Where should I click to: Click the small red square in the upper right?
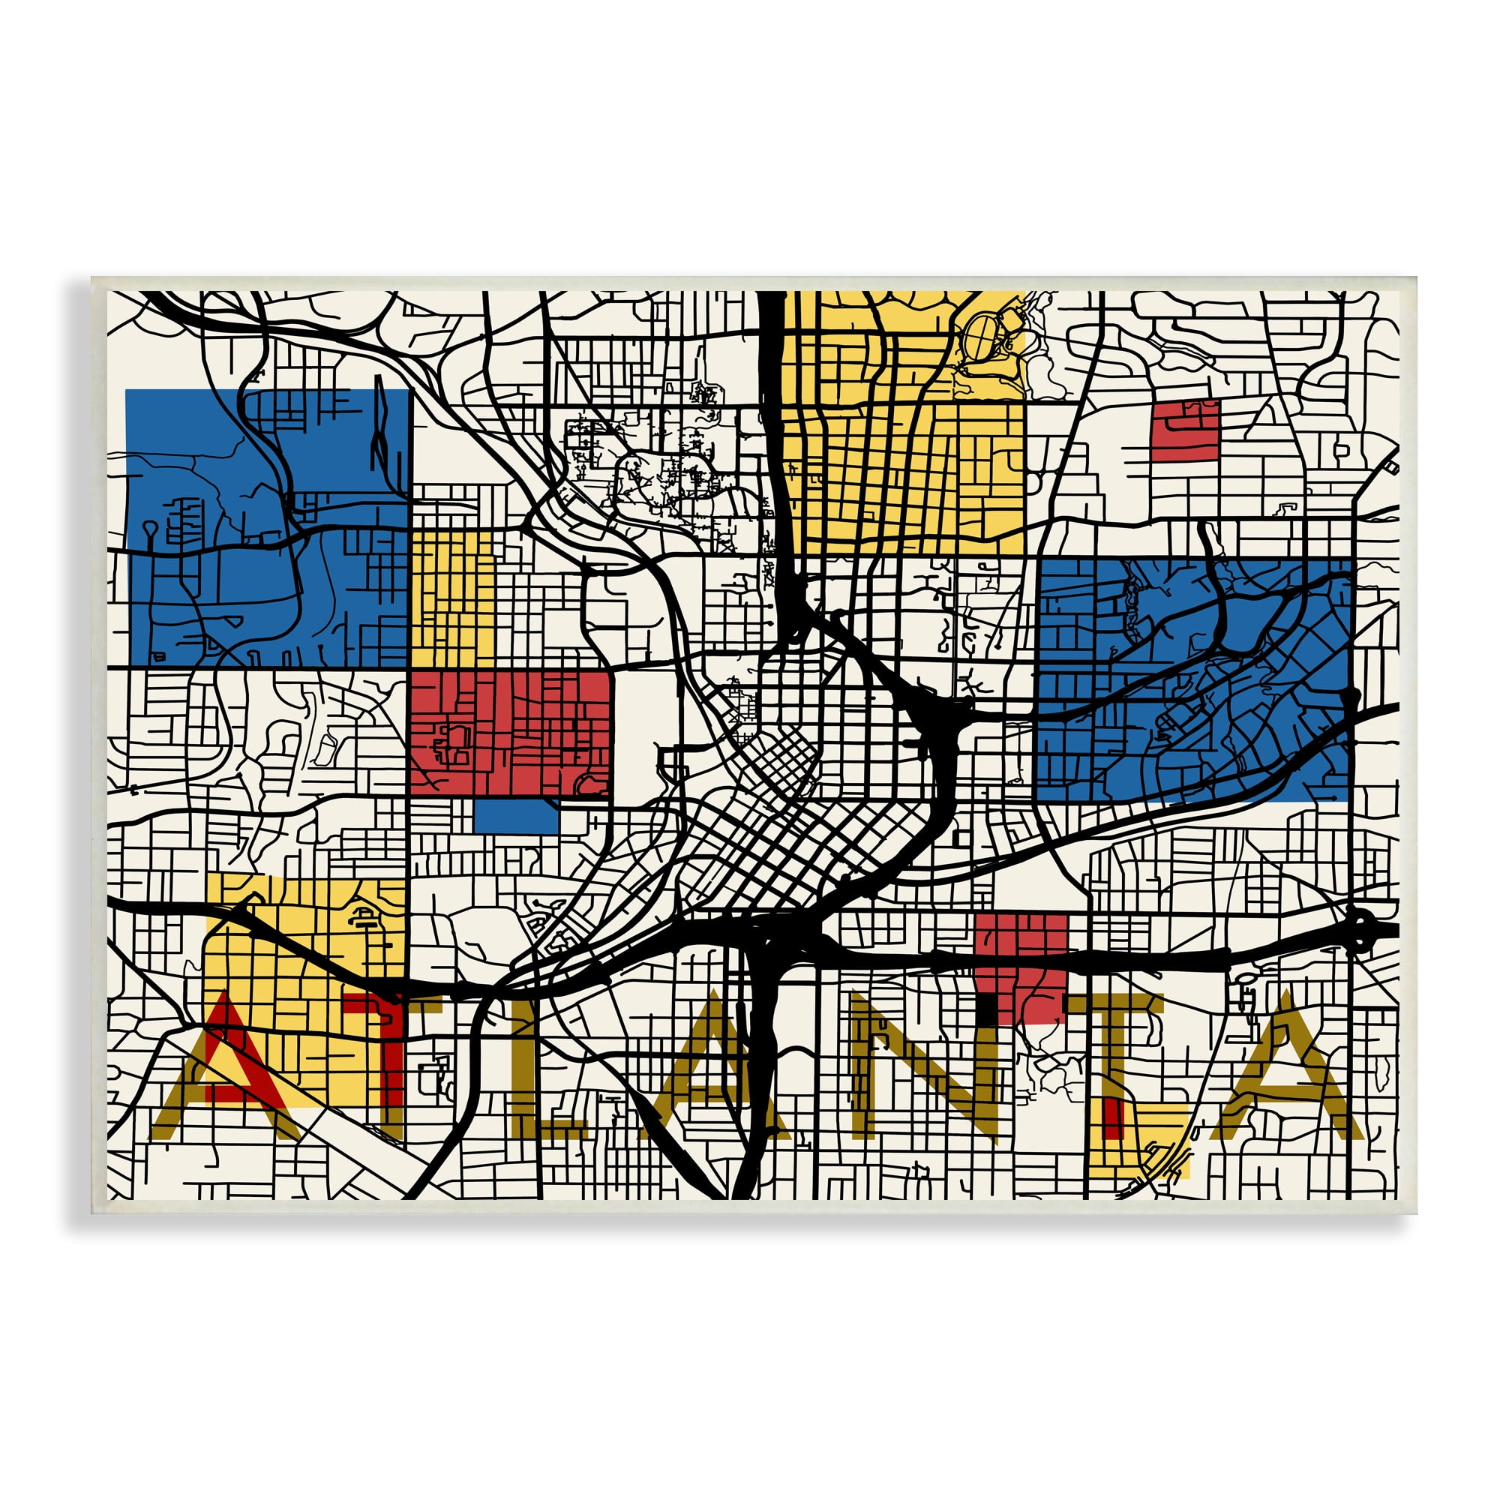click(x=1185, y=431)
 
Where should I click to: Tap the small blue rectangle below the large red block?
click(x=515, y=816)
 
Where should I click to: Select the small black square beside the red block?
click(x=986, y=1007)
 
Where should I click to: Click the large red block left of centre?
click(x=510, y=733)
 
